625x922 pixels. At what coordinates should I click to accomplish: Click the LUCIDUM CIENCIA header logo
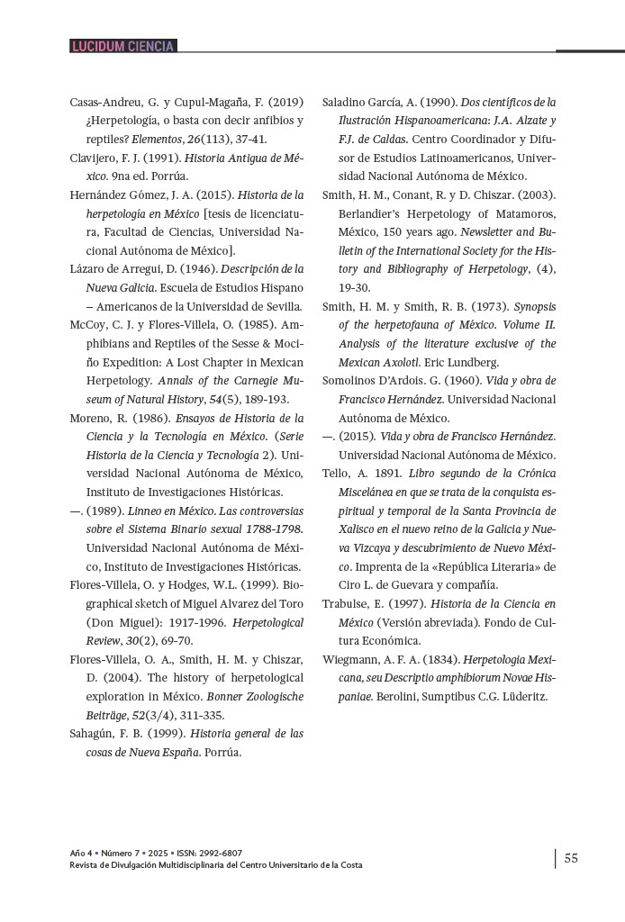(x=122, y=46)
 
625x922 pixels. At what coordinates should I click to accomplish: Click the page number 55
(x=571, y=858)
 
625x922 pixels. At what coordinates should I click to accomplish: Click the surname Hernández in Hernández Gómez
(x=98, y=194)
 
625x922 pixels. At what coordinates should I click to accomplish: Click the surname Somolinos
(x=358, y=380)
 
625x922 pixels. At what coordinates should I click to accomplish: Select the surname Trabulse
(x=348, y=603)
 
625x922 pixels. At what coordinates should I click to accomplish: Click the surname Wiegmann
(x=354, y=659)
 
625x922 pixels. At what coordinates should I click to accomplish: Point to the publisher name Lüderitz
(x=521, y=696)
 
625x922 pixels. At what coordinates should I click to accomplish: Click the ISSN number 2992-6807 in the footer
(x=221, y=853)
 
